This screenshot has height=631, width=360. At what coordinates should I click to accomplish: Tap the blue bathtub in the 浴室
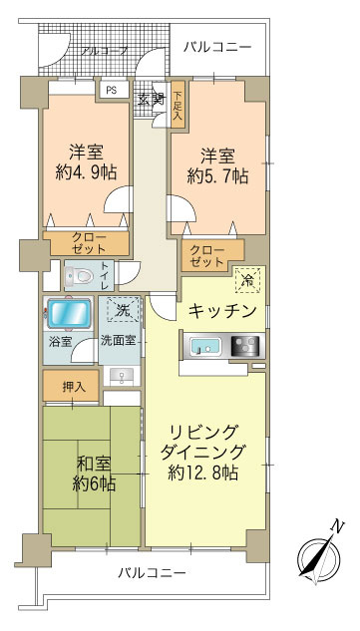click(70, 314)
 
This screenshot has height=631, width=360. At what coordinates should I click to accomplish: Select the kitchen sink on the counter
click(206, 348)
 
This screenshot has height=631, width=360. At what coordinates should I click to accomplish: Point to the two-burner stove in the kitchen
click(243, 348)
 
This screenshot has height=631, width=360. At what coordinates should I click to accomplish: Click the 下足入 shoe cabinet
click(177, 103)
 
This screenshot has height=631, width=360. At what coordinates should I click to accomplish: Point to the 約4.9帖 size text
click(86, 171)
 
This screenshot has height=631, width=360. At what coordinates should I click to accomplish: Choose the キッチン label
click(223, 311)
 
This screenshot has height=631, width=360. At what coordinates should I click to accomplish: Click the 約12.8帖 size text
click(208, 472)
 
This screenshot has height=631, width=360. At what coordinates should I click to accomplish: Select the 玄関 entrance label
click(151, 99)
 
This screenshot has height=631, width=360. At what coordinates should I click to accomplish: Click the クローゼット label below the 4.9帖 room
click(89, 243)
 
